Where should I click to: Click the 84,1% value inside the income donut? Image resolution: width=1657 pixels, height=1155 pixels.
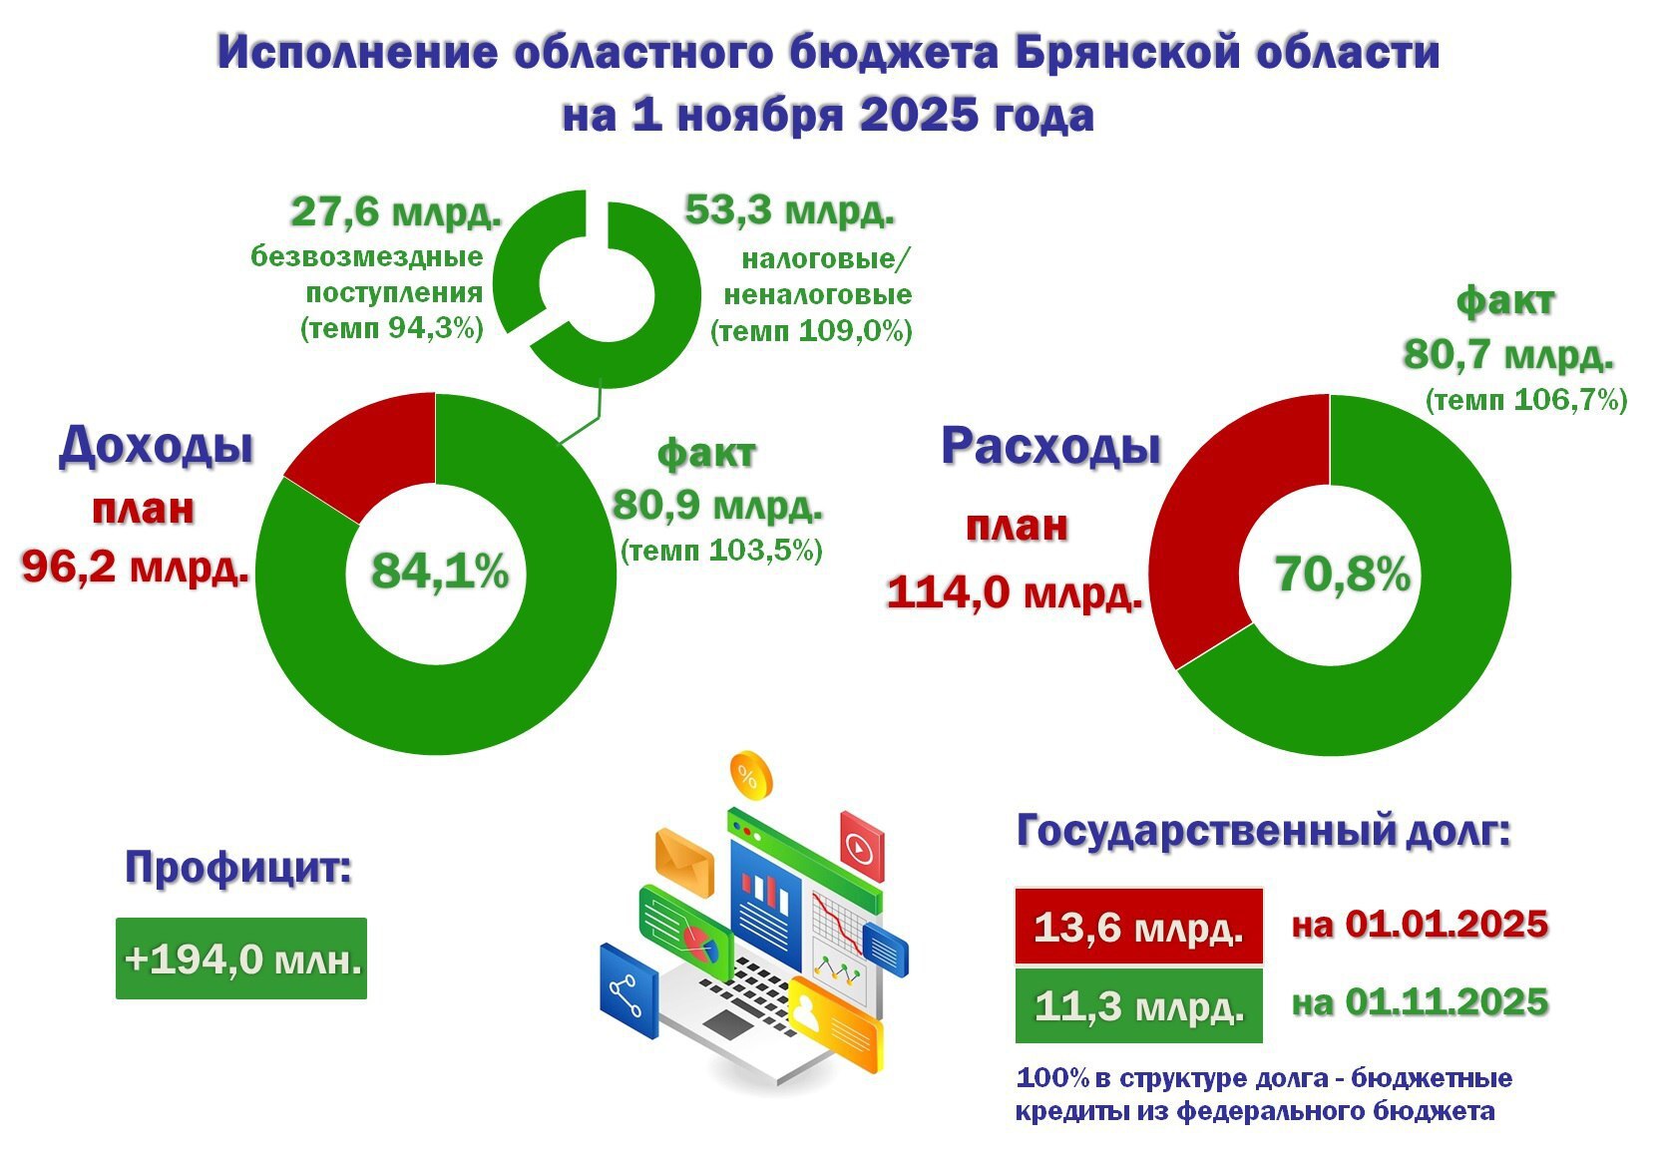point(440,573)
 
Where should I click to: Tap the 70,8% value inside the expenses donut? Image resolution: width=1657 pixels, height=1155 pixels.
point(1343,575)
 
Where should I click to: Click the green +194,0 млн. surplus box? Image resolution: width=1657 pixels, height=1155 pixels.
point(241,959)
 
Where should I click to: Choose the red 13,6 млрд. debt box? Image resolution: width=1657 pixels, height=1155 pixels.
point(1138,927)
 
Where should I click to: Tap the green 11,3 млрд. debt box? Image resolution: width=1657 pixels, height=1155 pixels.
point(1138,1005)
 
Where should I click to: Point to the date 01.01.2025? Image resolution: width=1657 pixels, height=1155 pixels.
point(1446,925)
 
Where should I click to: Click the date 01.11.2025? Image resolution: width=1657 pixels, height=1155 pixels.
point(1446,1002)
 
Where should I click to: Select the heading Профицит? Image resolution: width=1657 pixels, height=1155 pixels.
point(238,868)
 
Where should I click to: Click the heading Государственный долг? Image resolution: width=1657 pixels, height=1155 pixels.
point(1263,831)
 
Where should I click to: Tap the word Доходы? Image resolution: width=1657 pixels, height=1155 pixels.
point(156,445)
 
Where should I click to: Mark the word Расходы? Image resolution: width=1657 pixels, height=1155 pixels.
point(1050,446)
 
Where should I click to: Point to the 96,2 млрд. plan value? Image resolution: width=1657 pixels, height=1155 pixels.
point(135,569)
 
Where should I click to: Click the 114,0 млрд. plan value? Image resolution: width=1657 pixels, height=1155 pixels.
point(1014,592)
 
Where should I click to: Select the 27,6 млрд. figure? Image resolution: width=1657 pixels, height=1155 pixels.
point(395,212)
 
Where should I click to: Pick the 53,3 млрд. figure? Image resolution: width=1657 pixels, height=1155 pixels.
point(789,211)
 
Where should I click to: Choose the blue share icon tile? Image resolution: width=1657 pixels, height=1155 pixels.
point(628,991)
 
